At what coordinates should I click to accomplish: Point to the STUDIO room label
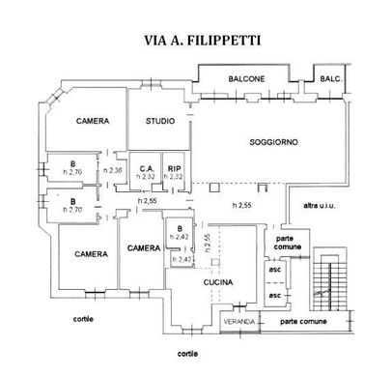[160, 122]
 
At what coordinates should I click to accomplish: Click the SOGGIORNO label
[273, 142]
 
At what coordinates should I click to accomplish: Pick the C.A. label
[146, 168]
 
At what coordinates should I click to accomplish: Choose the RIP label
[175, 168]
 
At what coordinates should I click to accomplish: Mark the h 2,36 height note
[116, 171]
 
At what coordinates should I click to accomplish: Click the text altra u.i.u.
[321, 205]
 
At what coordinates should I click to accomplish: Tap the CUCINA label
[220, 281]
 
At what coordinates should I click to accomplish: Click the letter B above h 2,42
[180, 229]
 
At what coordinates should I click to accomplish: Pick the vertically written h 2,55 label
[205, 242]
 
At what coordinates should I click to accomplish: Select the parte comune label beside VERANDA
[301, 320]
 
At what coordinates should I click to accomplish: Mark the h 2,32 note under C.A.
[146, 177]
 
